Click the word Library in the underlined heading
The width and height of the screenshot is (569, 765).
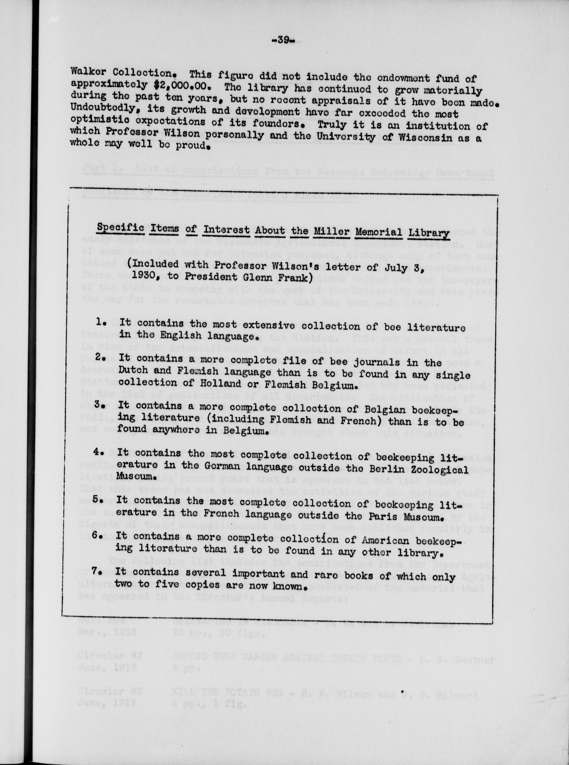pos(428,234)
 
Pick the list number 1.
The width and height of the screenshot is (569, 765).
pos(101,323)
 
